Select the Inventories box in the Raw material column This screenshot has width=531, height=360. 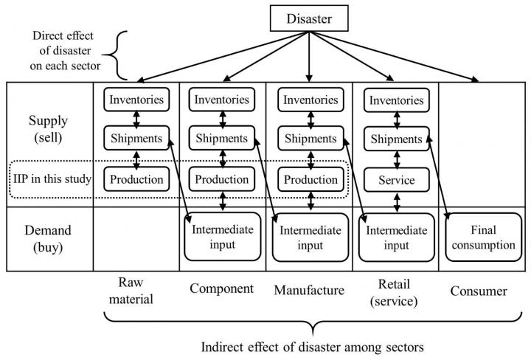(x=136, y=99)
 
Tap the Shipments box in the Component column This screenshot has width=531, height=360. (x=222, y=138)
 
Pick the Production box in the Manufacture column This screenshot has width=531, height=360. (x=310, y=179)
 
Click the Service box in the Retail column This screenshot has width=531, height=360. (x=397, y=179)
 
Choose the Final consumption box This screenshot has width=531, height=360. (x=482, y=238)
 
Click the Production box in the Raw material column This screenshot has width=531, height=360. (x=136, y=179)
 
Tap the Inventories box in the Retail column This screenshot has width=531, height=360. (x=397, y=99)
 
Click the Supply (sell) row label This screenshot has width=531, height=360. (x=49, y=129)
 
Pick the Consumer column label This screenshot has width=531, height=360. (x=478, y=291)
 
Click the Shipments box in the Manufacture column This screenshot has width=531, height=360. (x=310, y=138)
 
